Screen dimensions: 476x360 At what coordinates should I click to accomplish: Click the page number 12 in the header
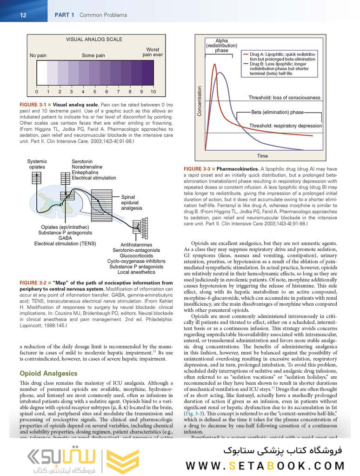click(x=23, y=15)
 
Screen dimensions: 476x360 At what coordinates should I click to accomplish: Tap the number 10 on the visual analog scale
click(x=153, y=92)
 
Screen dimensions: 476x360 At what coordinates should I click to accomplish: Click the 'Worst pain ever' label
click(x=153, y=52)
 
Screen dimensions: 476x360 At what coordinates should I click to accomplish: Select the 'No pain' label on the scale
click(x=39, y=55)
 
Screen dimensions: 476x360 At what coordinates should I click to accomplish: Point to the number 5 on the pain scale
click(x=95, y=92)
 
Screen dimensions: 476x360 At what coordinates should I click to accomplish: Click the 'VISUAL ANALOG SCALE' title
click(x=94, y=40)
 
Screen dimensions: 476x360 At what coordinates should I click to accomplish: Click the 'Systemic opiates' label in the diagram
click(x=37, y=164)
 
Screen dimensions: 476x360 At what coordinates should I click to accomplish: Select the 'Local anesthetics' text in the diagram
click(x=136, y=272)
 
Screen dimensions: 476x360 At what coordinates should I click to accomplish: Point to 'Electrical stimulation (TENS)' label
click(x=65, y=243)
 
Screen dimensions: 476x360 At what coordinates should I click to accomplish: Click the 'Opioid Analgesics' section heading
click(x=48, y=374)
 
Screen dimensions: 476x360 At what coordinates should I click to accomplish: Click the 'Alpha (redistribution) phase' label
click(x=221, y=46)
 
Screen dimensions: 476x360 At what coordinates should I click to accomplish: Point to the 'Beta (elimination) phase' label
click(x=277, y=112)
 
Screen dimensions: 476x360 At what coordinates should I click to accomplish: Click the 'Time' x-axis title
click(x=262, y=156)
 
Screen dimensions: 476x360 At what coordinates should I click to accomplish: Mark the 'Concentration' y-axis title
click(x=200, y=101)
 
